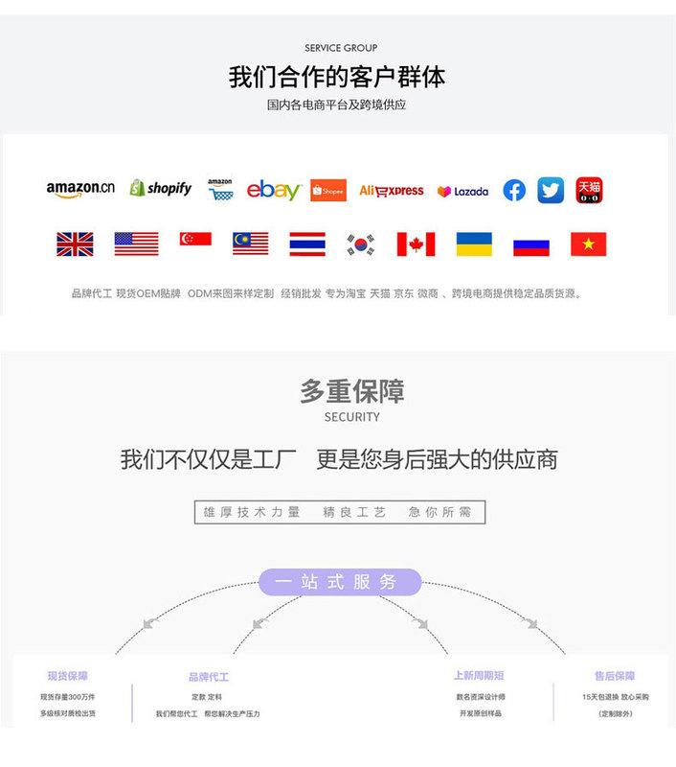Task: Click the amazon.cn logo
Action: (x=80, y=189)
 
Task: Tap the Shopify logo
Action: (x=161, y=189)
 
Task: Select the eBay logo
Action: (x=274, y=190)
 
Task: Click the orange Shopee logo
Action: (x=328, y=190)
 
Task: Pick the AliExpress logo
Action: (x=392, y=191)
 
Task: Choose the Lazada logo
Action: (x=463, y=191)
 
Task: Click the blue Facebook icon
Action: (x=514, y=190)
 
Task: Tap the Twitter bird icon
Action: (x=551, y=190)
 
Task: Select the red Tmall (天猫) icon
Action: (x=589, y=190)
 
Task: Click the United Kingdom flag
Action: (x=75, y=244)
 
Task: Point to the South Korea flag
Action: (x=361, y=244)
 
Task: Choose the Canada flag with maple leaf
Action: (x=416, y=244)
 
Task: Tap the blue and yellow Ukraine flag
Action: (x=474, y=244)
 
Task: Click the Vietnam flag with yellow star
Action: (x=588, y=244)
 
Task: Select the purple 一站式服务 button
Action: (x=340, y=582)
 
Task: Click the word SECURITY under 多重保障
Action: (x=352, y=417)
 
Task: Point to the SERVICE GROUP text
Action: (x=341, y=48)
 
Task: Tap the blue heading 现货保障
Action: (x=67, y=676)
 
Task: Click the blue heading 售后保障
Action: (x=615, y=676)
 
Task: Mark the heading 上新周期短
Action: (x=479, y=676)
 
